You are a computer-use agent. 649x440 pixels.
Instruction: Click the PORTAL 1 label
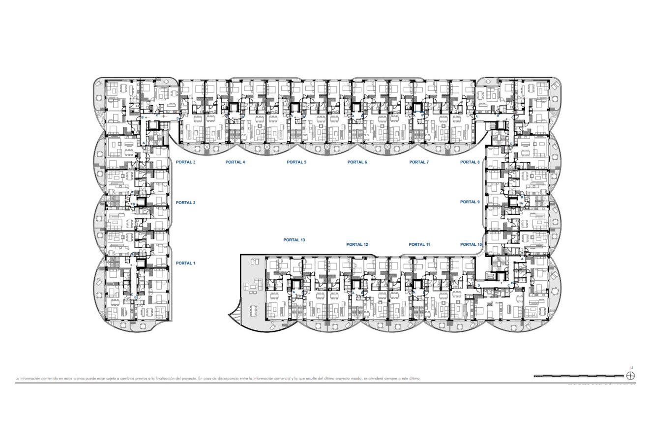click(185, 263)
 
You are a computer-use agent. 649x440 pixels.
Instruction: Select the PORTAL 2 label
click(185, 203)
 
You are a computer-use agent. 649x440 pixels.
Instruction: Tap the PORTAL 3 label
click(185, 162)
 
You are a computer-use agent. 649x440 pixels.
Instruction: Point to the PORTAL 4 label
click(235, 162)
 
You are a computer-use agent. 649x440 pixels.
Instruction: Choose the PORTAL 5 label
click(296, 162)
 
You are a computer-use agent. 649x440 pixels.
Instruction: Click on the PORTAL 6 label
click(357, 162)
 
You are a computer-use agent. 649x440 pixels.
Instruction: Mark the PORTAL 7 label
click(419, 162)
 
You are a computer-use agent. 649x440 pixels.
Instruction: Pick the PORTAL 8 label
click(470, 162)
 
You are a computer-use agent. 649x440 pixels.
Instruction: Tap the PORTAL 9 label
click(470, 202)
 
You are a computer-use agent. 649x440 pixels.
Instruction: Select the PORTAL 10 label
click(471, 244)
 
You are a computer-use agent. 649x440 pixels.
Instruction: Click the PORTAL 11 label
click(419, 244)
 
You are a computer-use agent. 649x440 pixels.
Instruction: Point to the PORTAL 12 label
click(357, 244)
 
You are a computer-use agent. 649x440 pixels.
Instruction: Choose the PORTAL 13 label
click(294, 240)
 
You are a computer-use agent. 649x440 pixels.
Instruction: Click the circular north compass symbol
click(631, 376)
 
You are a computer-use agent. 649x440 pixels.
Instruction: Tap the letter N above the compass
click(631, 367)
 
